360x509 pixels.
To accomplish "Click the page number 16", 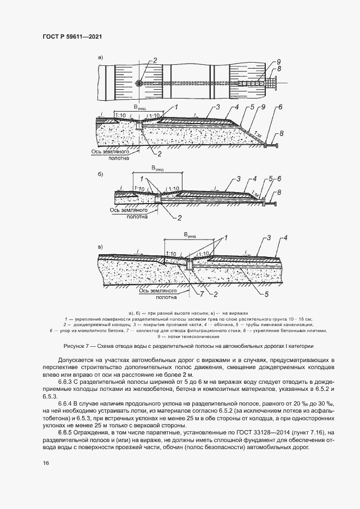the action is pos(45,463).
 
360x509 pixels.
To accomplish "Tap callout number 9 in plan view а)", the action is pos(278,61).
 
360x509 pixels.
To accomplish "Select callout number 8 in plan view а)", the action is pos(279,69).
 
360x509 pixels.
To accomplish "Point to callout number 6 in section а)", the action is pos(279,107).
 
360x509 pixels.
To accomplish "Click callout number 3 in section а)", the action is pos(217,107).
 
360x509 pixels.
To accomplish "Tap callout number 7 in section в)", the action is pos(201,295).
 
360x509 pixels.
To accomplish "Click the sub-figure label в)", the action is pos(100,248).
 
